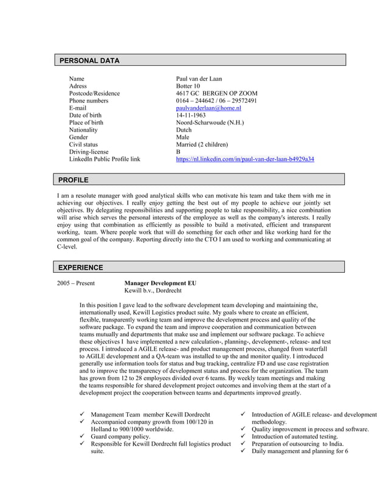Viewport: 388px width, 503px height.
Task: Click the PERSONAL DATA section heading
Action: pyautogui.click(x=89, y=61)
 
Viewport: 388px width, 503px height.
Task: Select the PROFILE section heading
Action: pyautogui.click(x=73, y=180)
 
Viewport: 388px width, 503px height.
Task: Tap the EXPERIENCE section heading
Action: pyautogui.click(x=80, y=267)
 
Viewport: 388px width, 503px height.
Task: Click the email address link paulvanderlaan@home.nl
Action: pyautogui.click(x=209, y=108)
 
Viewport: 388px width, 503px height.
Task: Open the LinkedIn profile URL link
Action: pyautogui.click(x=244, y=159)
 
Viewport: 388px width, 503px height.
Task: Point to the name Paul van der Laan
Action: pyautogui.click(x=199, y=79)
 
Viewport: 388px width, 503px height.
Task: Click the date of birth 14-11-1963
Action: pyautogui.click(x=190, y=115)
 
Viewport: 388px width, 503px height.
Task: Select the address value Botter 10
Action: pyautogui.click(x=188, y=86)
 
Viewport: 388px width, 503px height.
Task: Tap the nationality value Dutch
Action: pyautogui.click(x=184, y=130)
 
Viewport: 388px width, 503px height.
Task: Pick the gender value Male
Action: pyautogui.click(x=182, y=137)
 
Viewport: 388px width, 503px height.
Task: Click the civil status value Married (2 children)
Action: pyautogui.click(x=201, y=144)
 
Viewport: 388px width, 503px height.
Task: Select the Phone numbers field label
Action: pyautogui.click(x=88, y=100)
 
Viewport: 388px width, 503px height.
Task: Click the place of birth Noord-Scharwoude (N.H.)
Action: pyautogui.click(x=210, y=122)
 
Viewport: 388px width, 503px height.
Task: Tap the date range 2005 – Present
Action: pyautogui.click(x=76, y=283)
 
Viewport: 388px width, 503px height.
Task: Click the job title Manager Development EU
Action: pyautogui.click(x=160, y=283)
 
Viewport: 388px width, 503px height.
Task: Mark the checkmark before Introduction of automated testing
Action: pyautogui.click(x=243, y=437)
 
